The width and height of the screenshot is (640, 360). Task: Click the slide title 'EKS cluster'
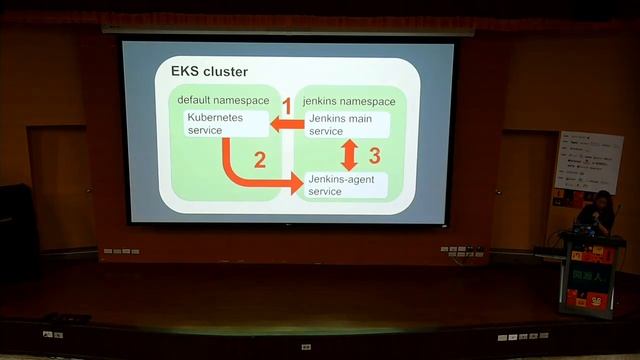[x=209, y=72]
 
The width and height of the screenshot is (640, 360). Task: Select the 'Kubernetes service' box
[x=226, y=124]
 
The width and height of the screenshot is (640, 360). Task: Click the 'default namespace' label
[x=222, y=101]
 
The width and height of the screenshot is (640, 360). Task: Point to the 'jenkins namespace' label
[x=348, y=101]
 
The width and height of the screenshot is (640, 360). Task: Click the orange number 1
[x=286, y=105]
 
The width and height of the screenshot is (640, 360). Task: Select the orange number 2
[x=260, y=159]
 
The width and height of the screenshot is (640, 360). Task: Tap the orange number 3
[x=375, y=155]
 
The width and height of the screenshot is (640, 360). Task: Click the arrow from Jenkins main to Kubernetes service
[x=289, y=124]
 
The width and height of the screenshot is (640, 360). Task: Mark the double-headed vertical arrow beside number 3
[x=349, y=154]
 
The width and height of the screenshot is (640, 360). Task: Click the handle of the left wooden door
[x=88, y=190]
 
